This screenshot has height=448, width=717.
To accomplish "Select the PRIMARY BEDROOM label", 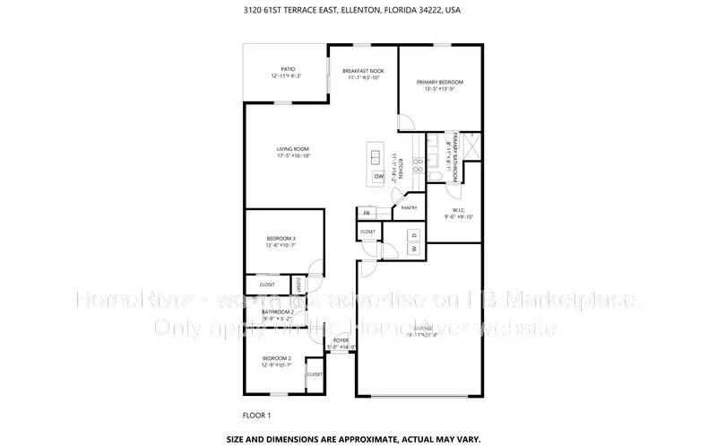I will (x=439, y=83).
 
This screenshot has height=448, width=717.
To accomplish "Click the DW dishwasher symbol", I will (x=378, y=177).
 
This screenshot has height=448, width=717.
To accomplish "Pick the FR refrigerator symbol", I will (x=367, y=214).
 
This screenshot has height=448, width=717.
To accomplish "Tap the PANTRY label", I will (x=410, y=207).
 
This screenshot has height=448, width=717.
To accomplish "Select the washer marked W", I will (x=414, y=248).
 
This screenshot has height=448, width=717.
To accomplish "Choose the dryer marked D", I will (x=414, y=234).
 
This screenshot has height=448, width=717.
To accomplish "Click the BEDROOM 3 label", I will (x=281, y=239).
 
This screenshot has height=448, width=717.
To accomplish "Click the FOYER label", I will (x=341, y=341).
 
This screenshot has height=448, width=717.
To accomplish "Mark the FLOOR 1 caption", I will (x=256, y=415).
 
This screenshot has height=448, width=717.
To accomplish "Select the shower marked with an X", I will (x=472, y=145).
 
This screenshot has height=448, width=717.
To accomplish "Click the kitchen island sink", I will (x=376, y=156).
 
